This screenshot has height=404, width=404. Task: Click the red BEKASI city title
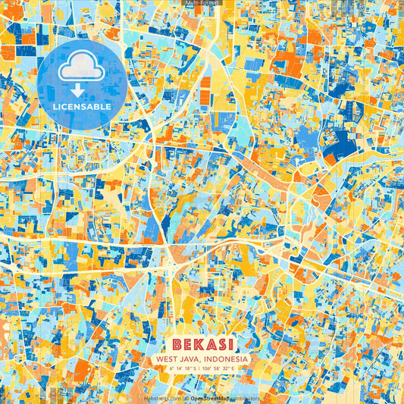(x=202, y=344)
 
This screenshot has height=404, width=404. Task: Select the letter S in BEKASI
(x=219, y=344)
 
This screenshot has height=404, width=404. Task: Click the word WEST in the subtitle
(x=166, y=359)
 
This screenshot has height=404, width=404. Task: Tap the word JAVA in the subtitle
(x=189, y=359)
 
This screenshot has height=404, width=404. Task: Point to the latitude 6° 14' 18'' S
(x=182, y=368)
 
